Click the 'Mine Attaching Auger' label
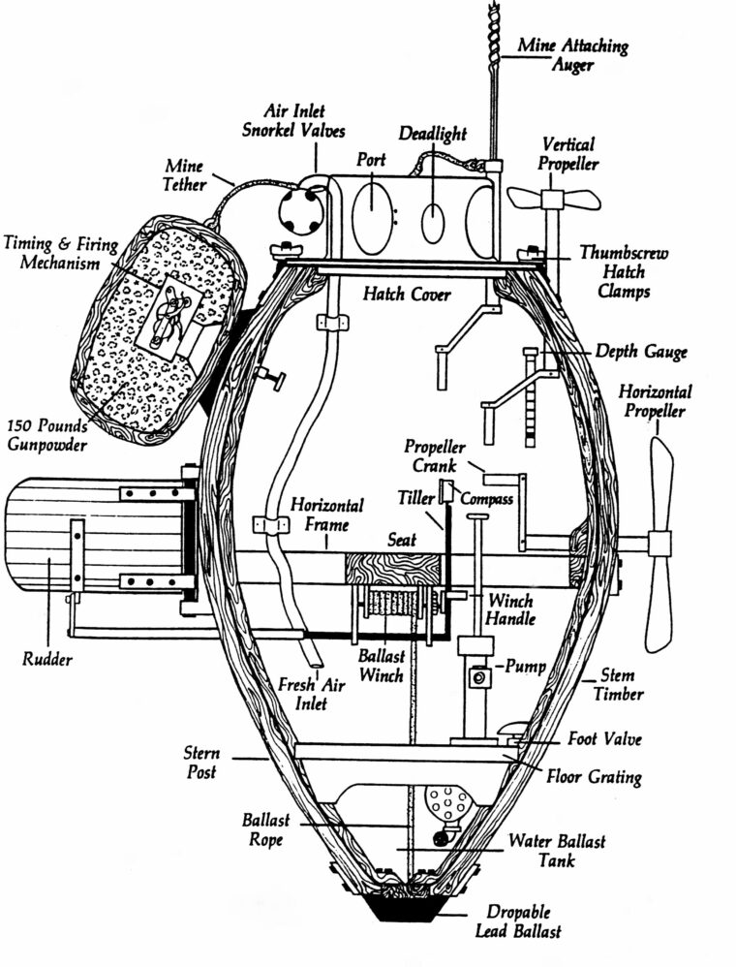coord(572,56)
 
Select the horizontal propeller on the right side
coord(659,543)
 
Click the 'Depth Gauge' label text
coord(641,352)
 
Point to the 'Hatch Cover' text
coord(407,294)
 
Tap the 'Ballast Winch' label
coord(381,667)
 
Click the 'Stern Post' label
coord(201,763)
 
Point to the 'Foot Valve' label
coord(604,739)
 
